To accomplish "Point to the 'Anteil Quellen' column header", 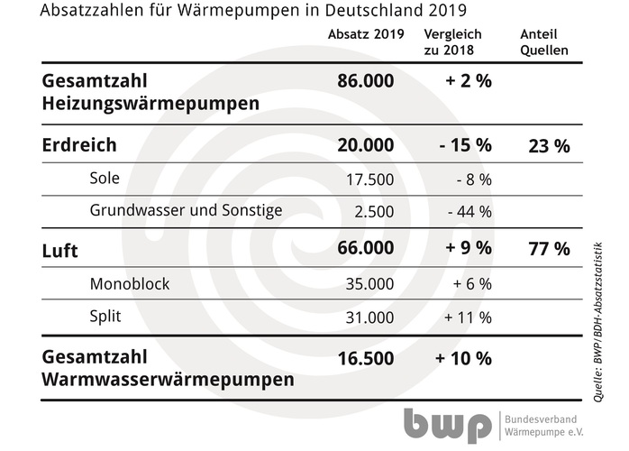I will tap(544, 42).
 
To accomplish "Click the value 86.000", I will tap(365, 81).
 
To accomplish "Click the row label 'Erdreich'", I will tap(80, 146).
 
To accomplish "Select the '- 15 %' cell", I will tap(463, 146).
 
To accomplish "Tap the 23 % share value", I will tap(548, 146).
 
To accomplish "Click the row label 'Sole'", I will tap(105, 179).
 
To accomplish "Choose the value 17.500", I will tap(369, 179).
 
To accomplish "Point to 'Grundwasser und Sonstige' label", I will tap(186, 211).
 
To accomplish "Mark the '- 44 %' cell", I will tap(469, 212).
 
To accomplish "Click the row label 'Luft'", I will tap(59, 251).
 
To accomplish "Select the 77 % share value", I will tap(548, 250).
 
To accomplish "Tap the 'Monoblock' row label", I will tap(129, 284).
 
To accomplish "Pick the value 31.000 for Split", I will tap(369, 318).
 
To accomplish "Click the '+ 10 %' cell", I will tap(463, 358).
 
